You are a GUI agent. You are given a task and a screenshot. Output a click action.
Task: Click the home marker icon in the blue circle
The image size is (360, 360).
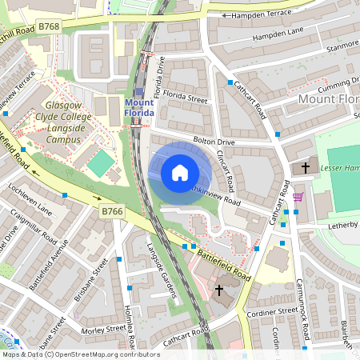coord(179,173)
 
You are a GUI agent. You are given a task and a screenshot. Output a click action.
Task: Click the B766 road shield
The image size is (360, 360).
coord(112,210)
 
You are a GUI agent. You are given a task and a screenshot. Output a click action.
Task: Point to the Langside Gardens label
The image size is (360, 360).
coord(162,271)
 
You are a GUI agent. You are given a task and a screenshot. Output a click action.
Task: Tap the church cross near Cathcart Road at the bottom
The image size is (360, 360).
coord(220,291)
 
